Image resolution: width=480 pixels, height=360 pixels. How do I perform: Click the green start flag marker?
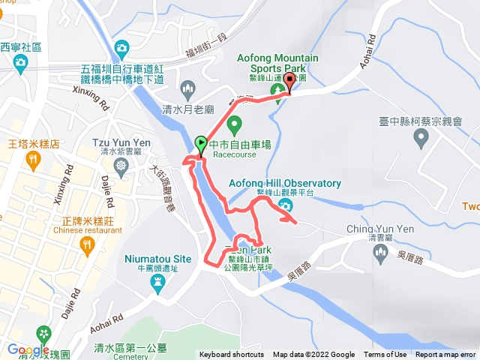[x=201, y=143]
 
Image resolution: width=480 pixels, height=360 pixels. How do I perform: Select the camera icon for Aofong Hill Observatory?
[x=285, y=206]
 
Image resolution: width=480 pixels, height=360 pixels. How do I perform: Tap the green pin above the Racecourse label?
[x=234, y=124]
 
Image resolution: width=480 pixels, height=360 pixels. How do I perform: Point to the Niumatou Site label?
[x=157, y=259]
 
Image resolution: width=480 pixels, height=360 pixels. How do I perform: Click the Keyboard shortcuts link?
[x=232, y=355]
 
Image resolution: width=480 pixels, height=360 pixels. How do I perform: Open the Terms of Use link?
[x=385, y=355]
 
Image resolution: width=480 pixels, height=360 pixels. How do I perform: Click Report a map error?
[x=447, y=355]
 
